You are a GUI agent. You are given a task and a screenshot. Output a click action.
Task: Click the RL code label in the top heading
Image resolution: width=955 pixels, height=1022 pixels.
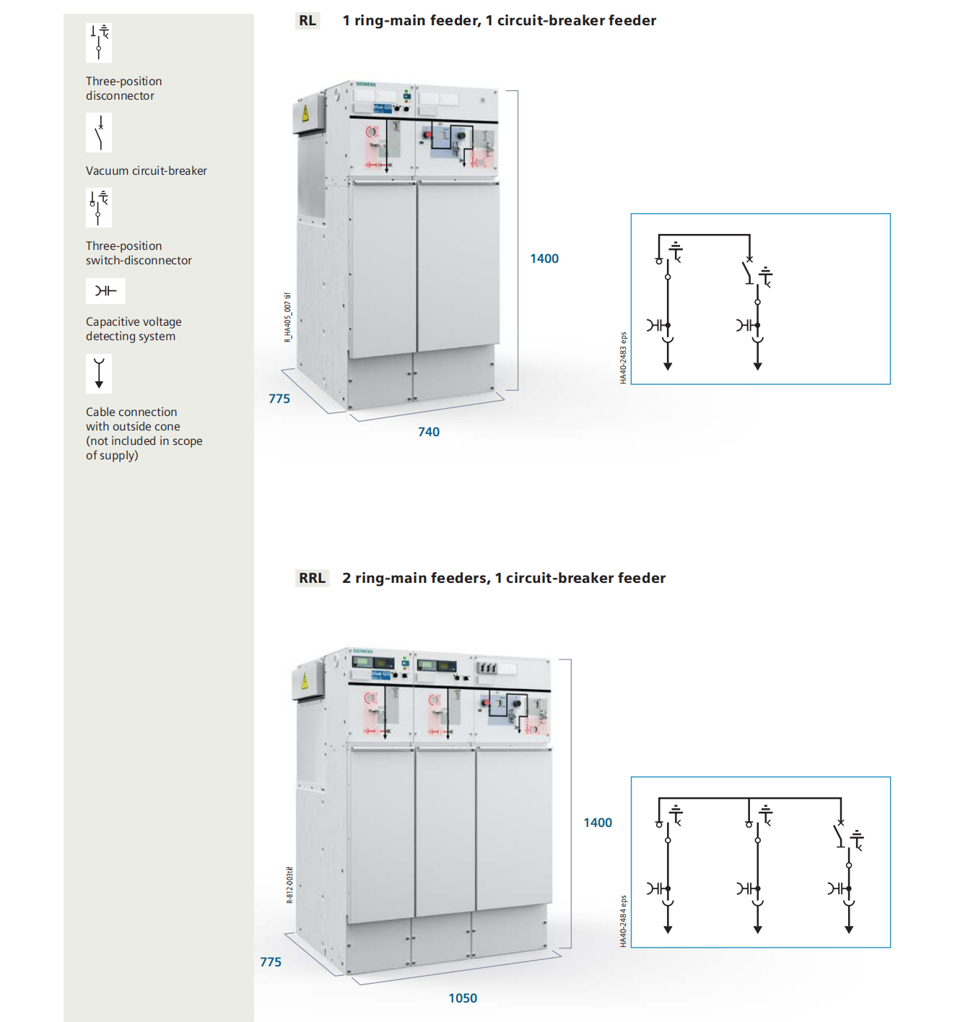click(308, 20)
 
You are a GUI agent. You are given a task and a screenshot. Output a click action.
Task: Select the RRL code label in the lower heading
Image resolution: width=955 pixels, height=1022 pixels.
click(312, 578)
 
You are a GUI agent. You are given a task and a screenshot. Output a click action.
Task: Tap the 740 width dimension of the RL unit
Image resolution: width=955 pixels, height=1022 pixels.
click(429, 432)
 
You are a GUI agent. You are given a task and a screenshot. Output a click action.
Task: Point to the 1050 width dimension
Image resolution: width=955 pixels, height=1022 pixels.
click(463, 998)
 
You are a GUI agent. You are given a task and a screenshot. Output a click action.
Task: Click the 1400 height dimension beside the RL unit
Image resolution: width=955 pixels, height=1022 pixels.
click(544, 259)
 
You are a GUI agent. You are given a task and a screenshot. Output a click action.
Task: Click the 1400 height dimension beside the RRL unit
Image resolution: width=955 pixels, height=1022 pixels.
click(598, 823)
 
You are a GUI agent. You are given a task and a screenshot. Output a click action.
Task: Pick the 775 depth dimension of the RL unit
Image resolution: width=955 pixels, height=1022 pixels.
click(279, 399)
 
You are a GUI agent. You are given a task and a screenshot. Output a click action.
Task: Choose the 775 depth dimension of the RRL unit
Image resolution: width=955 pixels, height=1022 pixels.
click(271, 962)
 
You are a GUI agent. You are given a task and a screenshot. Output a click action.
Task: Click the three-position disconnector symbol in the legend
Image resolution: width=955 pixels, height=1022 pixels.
click(99, 42)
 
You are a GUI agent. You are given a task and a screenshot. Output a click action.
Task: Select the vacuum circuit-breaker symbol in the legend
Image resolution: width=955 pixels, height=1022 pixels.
click(99, 133)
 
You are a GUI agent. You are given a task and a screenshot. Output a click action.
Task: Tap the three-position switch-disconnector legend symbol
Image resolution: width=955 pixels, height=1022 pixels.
click(99, 207)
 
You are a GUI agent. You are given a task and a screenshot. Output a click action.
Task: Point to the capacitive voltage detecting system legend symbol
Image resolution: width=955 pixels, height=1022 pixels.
click(105, 291)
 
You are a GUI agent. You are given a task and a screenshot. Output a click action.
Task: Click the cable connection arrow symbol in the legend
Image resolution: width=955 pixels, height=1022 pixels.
click(99, 373)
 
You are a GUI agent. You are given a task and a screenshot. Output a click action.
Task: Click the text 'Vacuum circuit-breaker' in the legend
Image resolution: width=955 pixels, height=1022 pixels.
click(147, 171)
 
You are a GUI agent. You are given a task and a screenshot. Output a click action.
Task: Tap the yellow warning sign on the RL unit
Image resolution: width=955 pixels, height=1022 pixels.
click(305, 113)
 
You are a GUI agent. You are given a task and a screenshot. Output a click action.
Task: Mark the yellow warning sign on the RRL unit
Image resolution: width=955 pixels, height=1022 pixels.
click(305, 680)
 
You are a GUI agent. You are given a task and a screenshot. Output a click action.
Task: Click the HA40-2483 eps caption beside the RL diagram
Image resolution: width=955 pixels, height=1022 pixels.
click(624, 358)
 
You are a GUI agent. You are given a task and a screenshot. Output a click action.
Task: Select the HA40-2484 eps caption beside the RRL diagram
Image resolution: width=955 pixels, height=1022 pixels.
click(624, 921)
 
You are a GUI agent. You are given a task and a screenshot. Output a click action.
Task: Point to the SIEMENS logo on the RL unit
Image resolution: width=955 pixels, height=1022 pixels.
click(366, 85)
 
